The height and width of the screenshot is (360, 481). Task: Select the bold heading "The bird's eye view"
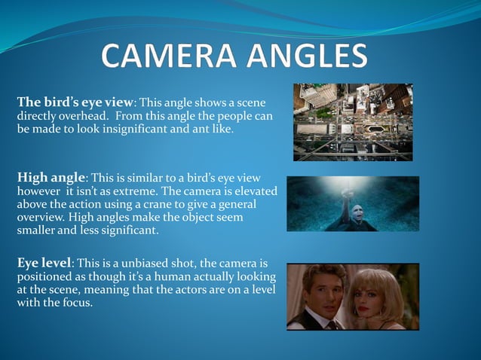[x=75, y=102]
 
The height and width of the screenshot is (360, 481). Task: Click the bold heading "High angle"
[x=52, y=178]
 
